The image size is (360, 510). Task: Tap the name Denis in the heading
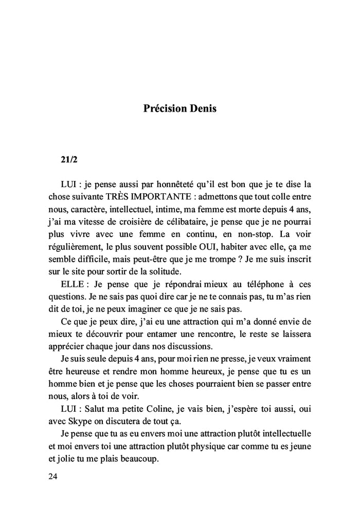tap(205, 109)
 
